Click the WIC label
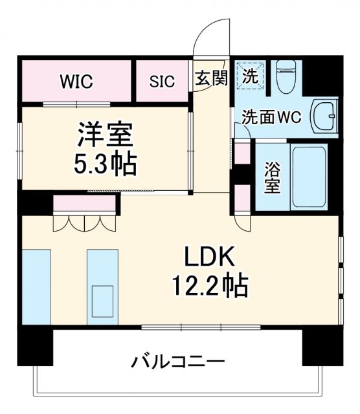pos(76,82)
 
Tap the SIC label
pos(162,82)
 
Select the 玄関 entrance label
pos(211,78)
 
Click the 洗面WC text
pos(273,118)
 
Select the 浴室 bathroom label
pos(273,177)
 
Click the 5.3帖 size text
pos(106,164)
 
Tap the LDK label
pos(209,257)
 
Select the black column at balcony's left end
pos(33,347)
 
